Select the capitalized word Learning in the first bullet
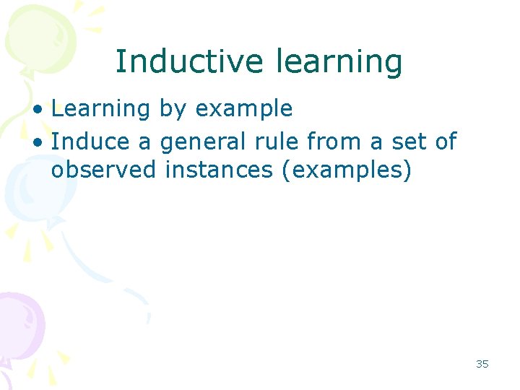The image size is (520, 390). coord(100,109)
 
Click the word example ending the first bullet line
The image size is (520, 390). coord(244,110)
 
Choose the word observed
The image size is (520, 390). coord(103,170)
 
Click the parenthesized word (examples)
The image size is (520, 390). coord(350,172)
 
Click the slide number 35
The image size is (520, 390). coord(482,364)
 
